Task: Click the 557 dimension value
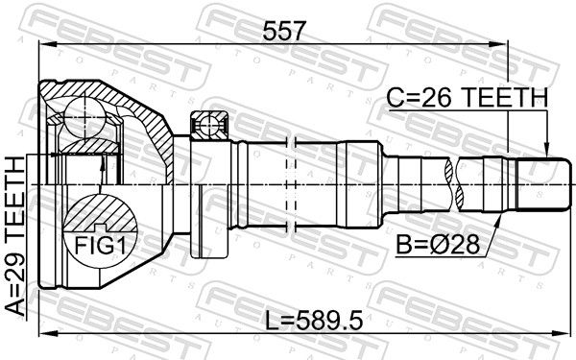pos(284,31)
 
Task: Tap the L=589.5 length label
pos(315,320)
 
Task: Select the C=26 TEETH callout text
pos(468,98)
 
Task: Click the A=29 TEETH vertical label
pos(15,236)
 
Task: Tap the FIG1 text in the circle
pos(100,246)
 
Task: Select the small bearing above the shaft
pos(209,125)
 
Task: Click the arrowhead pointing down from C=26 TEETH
pos(546,151)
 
